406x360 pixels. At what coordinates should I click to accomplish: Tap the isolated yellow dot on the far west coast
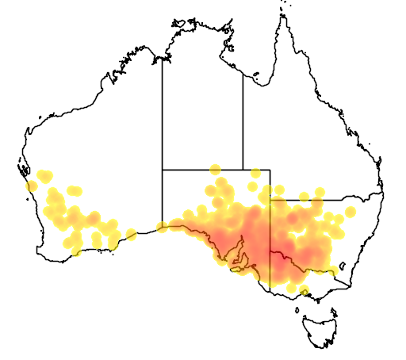32,186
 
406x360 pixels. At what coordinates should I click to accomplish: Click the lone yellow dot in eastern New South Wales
350,212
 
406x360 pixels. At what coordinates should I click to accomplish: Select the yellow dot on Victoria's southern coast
303,289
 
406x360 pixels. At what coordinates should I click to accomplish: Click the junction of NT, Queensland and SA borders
243,169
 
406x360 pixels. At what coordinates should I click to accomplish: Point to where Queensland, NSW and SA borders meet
270,200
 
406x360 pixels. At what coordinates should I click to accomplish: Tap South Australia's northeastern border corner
270,169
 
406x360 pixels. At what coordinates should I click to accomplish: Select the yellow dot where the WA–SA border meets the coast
163,227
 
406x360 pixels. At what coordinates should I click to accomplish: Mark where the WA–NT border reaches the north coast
163,57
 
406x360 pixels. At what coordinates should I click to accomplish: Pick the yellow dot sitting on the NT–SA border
215,169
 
